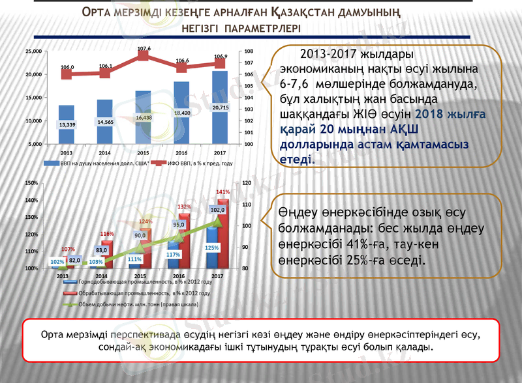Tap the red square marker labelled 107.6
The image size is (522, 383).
click(144, 56)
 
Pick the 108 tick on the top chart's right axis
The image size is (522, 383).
click(249, 51)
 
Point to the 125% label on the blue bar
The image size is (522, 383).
click(211, 248)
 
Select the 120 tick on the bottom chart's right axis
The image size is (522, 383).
click(246, 183)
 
